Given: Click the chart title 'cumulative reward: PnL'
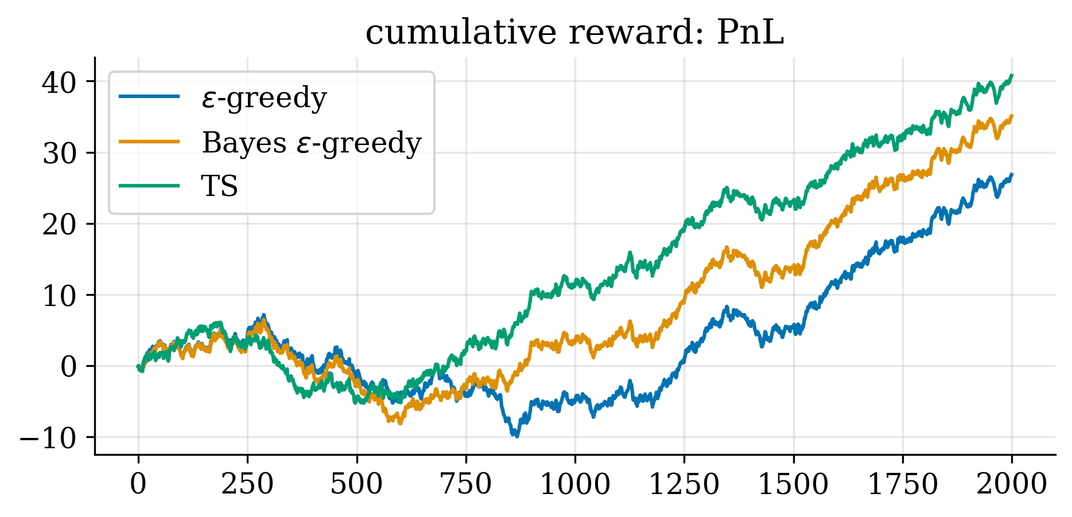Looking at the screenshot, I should click(x=574, y=33).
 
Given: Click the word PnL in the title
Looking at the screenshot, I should click(x=750, y=33).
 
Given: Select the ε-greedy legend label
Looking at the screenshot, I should click(x=264, y=98).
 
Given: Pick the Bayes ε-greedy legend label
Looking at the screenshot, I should click(x=312, y=142).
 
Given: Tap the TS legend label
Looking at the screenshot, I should click(x=219, y=186).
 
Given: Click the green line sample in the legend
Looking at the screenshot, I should click(x=149, y=186).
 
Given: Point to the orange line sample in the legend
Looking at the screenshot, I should click(x=149, y=142).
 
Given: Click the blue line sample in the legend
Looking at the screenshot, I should click(x=149, y=97).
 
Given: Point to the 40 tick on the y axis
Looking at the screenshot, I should click(x=59, y=82).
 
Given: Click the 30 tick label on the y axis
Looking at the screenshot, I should click(x=59, y=153).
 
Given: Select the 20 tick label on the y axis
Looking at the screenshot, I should click(x=59, y=224).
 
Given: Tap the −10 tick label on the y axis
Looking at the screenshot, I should click(x=48, y=438).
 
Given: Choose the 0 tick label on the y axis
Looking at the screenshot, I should click(x=68, y=366).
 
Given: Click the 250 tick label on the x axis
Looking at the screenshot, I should click(x=247, y=484).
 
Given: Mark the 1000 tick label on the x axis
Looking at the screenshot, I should click(x=575, y=484).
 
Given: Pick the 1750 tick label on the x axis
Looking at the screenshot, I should click(x=903, y=484).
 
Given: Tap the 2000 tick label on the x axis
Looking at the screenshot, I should click(x=1012, y=484).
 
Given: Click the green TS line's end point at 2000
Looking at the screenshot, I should click(x=1012, y=75).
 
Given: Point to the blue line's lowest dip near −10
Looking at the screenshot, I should click(x=516, y=436).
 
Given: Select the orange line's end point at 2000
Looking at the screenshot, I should click(x=1012, y=116).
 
